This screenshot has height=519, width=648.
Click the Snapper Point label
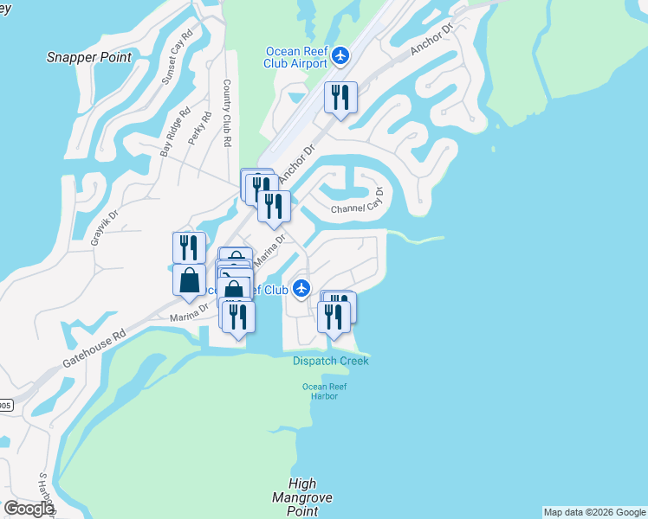click(90, 57)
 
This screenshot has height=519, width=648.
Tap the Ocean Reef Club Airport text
click(296, 56)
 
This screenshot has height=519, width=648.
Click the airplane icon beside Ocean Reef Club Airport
click(340, 56)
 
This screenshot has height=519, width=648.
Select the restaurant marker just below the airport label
click(340, 97)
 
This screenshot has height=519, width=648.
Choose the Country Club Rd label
click(227, 112)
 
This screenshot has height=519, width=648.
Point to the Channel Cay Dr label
click(356, 206)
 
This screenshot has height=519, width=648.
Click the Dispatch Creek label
click(330, 361)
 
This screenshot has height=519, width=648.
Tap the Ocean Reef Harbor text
click(319, 391)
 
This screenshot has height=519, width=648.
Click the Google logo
click(29, 509)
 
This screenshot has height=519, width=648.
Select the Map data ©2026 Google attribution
click(594, 512)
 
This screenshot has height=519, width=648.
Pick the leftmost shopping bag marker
click(189, 281)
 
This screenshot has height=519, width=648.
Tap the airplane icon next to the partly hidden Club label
click(301, 289)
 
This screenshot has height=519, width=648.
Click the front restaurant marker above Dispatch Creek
click(334, 317)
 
